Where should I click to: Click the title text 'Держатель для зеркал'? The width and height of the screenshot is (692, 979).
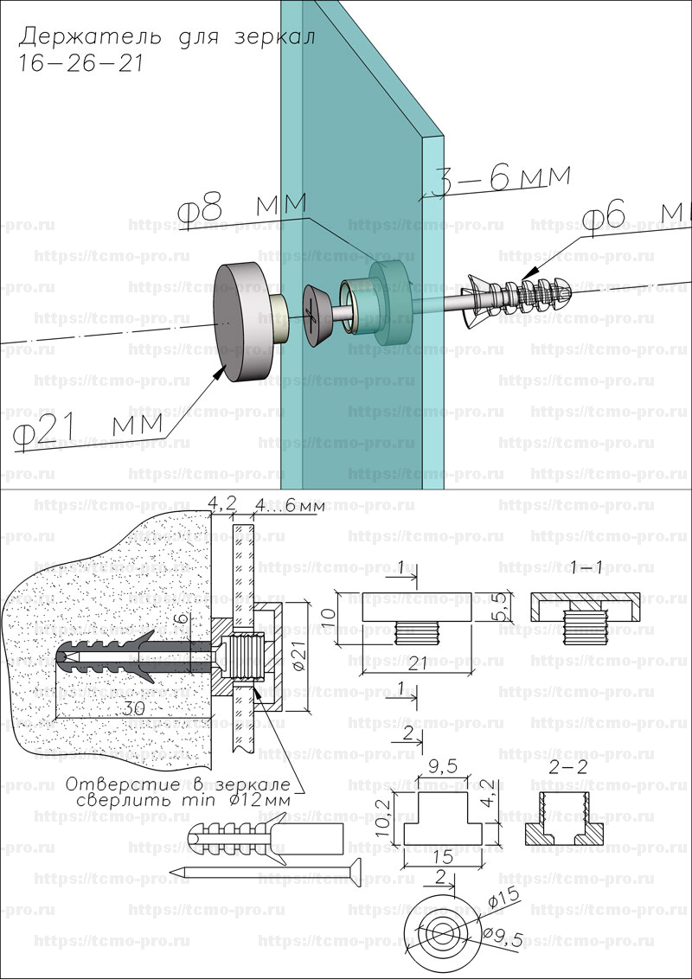tap(166, 36)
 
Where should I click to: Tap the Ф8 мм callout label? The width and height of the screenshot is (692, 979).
tap(241, 210)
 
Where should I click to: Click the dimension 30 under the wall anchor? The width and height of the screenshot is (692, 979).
tap(132, 707)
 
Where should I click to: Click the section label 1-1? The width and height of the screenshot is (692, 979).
tap(587, 566)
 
